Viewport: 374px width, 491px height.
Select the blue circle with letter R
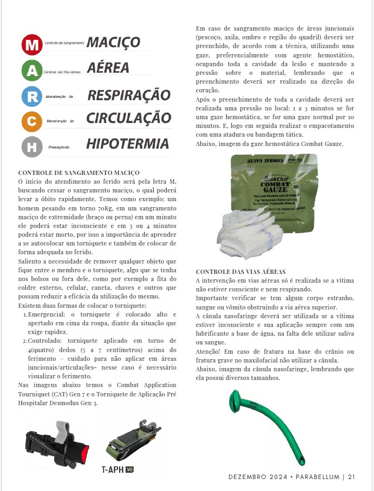click(x=32, y=96)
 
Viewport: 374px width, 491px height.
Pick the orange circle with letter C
click(x=32, y=121)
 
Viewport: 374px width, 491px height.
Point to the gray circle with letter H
click(x=32, y=146)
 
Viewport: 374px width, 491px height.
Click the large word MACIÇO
click(x=113, y=42)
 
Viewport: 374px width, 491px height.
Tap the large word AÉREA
click(x=108, y=68)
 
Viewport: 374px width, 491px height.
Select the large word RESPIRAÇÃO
click(x=129, y=95)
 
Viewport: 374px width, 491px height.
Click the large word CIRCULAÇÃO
click(x=128, y=118)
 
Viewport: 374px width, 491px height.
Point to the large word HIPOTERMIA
click(x=127, y=144)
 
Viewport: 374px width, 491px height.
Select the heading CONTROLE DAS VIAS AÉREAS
click(x=241, y=272)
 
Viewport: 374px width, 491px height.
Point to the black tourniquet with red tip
click(x=57, y=442)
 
